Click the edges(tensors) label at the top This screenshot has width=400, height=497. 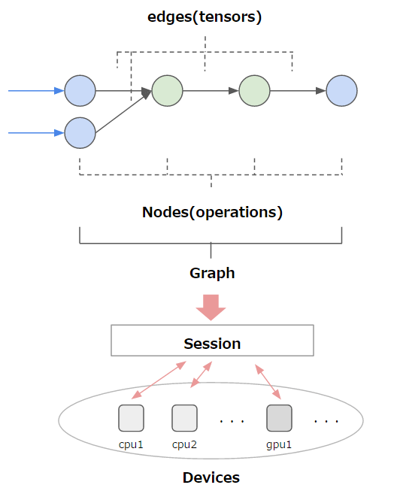[205, 17]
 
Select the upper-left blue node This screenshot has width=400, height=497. [80, 91]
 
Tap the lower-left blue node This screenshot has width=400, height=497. [80, 133]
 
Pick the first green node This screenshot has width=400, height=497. [167, 91]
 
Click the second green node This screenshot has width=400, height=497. [254, 91]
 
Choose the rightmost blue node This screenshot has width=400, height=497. [341, 91]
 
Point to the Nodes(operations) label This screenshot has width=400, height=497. [212, 212]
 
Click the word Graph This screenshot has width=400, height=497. [212, 273]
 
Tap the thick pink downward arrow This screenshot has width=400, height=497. [211, 306]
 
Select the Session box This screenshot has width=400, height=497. [212, 341]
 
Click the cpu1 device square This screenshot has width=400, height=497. [131, 417]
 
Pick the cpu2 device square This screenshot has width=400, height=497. [184, 417]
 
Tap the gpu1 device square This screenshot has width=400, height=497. [279, 417]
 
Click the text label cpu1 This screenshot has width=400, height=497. [131, 444]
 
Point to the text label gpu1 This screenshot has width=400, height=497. [279, 444]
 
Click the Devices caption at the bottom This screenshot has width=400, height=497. [211, 477]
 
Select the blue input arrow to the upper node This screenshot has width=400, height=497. [36, 91]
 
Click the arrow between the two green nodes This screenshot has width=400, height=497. [211, 91]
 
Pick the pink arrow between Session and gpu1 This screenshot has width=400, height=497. [268, 382]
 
